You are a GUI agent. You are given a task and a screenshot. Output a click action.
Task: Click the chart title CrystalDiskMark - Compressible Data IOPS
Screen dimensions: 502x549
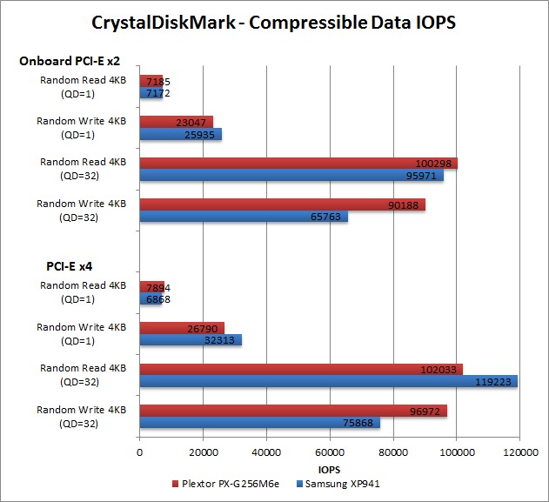275,21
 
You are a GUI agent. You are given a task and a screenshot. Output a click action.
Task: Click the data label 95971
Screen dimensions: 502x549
424,175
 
